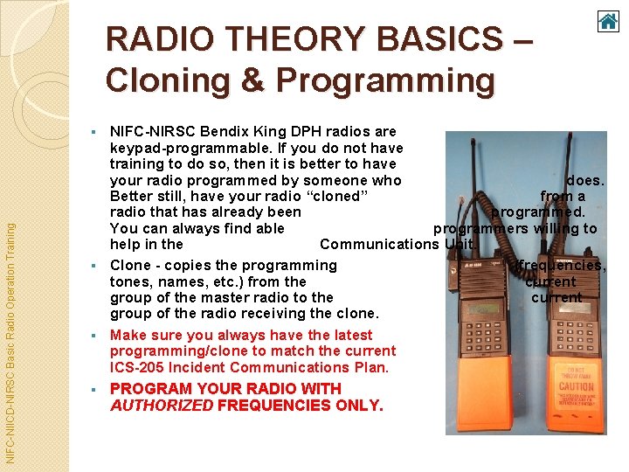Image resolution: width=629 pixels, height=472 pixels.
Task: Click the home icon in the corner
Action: click(x=607, y=20)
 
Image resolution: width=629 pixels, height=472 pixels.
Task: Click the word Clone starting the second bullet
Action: click(x=130, y=265)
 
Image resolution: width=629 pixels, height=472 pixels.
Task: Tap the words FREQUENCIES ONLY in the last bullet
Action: click(x=300, y=405)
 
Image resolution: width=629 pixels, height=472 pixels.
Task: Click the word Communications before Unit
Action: click(x=378, y=244)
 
